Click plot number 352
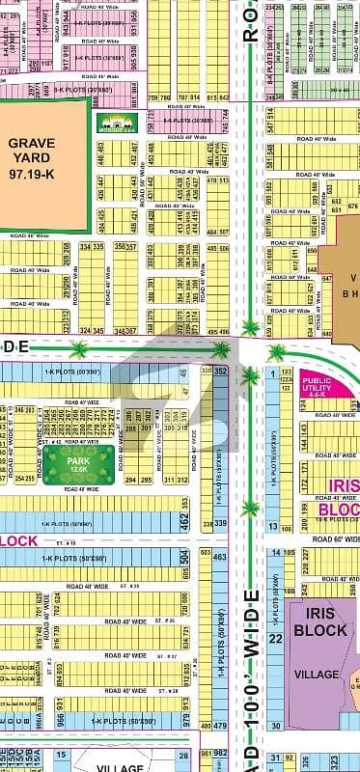pyautogui.click(x=220, y=370)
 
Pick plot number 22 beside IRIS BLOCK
pyautogui.click(x=275, y=612)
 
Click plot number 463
pyautogui.click(x=220, y=558)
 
